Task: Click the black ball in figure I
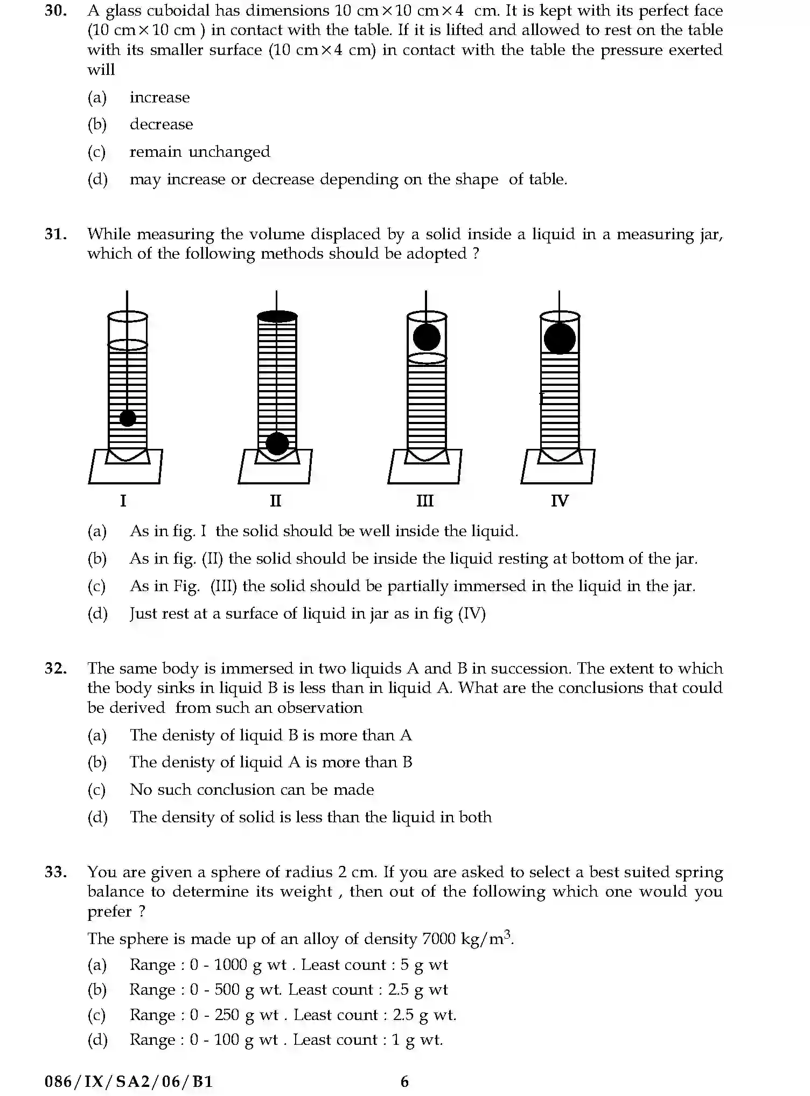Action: click(x=128, y=418)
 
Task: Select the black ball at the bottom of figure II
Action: click(x=277, y=443)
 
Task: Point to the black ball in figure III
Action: click(x=427, y=337)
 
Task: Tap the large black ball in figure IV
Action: click(x=560, y=338)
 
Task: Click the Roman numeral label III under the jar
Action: click(x=424, y=501)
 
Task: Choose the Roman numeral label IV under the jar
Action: click(x=559, y=501)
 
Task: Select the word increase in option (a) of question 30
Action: click(x=159, y=98)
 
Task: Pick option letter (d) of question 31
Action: click(x=97, y=613)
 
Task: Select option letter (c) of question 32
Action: click(x=97, y=789)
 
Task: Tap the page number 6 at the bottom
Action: click(x=404, y=1081)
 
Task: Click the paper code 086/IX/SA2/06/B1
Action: click(x=129, y=1081)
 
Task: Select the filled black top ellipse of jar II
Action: click(x=277, y=316)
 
